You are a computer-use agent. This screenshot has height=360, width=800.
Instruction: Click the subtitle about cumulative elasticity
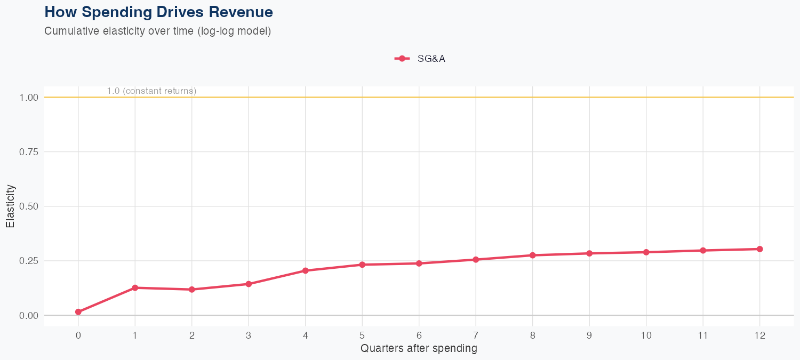158,31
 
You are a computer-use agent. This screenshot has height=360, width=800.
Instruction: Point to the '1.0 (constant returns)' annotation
151,91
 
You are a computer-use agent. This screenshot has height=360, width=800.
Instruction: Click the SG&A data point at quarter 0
78,312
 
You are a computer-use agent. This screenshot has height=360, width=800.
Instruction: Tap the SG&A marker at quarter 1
135,288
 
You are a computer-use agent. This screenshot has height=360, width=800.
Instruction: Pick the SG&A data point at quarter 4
306,270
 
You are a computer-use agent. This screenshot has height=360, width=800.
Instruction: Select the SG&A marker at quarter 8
532,255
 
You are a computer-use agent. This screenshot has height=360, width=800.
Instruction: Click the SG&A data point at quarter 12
759,249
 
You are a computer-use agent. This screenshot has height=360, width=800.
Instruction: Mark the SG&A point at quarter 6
419,263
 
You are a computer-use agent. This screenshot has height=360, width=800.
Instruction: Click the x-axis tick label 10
646,335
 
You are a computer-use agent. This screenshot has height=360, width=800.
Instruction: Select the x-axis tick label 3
249,335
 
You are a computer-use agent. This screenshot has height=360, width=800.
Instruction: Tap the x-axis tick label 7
476,335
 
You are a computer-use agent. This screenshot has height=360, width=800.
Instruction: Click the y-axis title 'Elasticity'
10,206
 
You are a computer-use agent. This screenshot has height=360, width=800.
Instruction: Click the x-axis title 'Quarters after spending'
419,349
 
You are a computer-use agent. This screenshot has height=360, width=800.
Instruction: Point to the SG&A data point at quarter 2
192,290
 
